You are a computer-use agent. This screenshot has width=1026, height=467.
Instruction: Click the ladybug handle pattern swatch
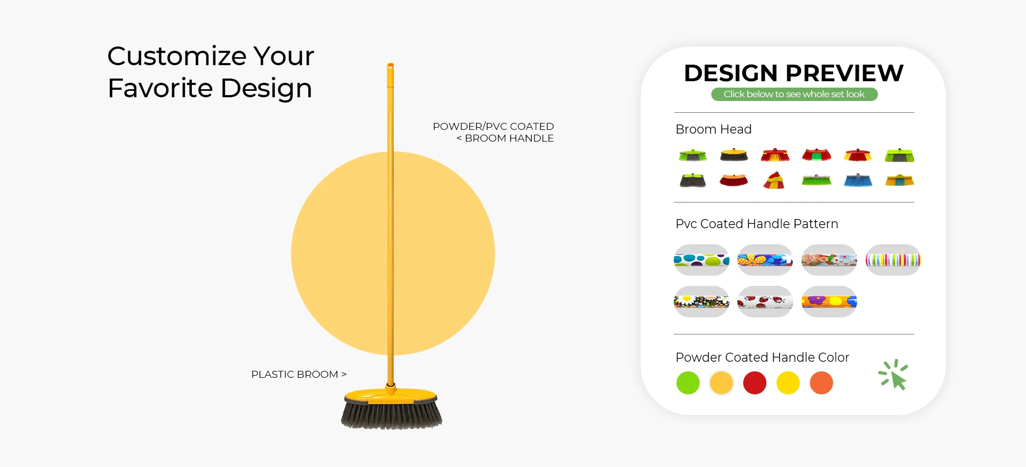pos(765,302)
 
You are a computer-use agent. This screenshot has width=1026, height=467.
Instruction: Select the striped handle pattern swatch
pos(893,260)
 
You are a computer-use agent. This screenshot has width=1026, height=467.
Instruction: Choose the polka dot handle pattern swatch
pos(702,260)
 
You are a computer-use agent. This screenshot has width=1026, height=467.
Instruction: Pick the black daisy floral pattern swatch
pos(702,302)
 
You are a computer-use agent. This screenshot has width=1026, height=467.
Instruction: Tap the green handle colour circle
pos(688,383)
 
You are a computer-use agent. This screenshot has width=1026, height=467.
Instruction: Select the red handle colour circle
pos(755,383)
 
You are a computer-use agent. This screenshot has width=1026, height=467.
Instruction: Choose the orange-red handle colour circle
pos(821,383)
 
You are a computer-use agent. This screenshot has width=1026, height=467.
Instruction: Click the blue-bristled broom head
pos(858,180)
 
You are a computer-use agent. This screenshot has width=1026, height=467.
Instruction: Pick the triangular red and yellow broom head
pos(774,180)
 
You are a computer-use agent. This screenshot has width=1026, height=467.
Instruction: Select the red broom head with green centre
pos(817,155)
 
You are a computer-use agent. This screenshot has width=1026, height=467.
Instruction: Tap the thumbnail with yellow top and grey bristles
pos(734,155)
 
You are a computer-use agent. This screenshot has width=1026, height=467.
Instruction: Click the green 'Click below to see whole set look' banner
pos(794,94)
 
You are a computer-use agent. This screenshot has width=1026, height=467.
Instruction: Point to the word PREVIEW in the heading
pos(844,73)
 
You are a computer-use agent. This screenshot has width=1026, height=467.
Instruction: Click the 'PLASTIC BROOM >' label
pos(299,375)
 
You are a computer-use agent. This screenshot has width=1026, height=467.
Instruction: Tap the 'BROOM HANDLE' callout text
pos(509,138)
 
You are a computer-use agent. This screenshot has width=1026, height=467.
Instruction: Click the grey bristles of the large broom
pos(392,414)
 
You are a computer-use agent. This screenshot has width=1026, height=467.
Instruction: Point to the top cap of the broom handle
pos(391,66)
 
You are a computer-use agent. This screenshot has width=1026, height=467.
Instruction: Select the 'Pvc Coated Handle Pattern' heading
pos(757,224)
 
